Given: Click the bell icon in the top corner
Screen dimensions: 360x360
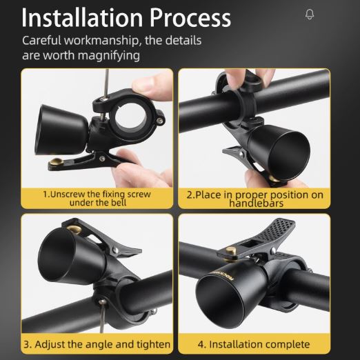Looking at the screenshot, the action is pos(310,14).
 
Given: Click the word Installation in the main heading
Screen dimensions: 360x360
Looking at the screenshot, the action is pos(82,18).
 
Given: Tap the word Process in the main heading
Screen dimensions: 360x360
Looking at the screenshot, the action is pos(190,18).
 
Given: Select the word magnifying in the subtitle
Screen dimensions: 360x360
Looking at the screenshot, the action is pos(108,56).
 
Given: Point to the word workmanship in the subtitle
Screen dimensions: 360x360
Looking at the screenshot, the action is pos(101,41).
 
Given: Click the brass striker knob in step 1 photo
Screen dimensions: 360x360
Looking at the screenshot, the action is pos(57,161).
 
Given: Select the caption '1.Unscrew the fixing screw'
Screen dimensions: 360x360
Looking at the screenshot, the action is pos(97,194).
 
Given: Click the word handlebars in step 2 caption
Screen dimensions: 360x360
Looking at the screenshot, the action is pos(256,203).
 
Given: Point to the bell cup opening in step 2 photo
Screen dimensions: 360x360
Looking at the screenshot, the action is pos(290,154).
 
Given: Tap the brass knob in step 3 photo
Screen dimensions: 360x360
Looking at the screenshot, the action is pos(74,230).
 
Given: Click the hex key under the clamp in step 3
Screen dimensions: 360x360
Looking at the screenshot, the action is pos(102,316).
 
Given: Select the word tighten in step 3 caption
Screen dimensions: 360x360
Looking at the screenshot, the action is pos(154,345).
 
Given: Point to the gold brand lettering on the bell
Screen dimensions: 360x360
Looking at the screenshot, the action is pos(222,274).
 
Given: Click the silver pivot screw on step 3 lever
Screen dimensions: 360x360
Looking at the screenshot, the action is pos(116,250).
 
